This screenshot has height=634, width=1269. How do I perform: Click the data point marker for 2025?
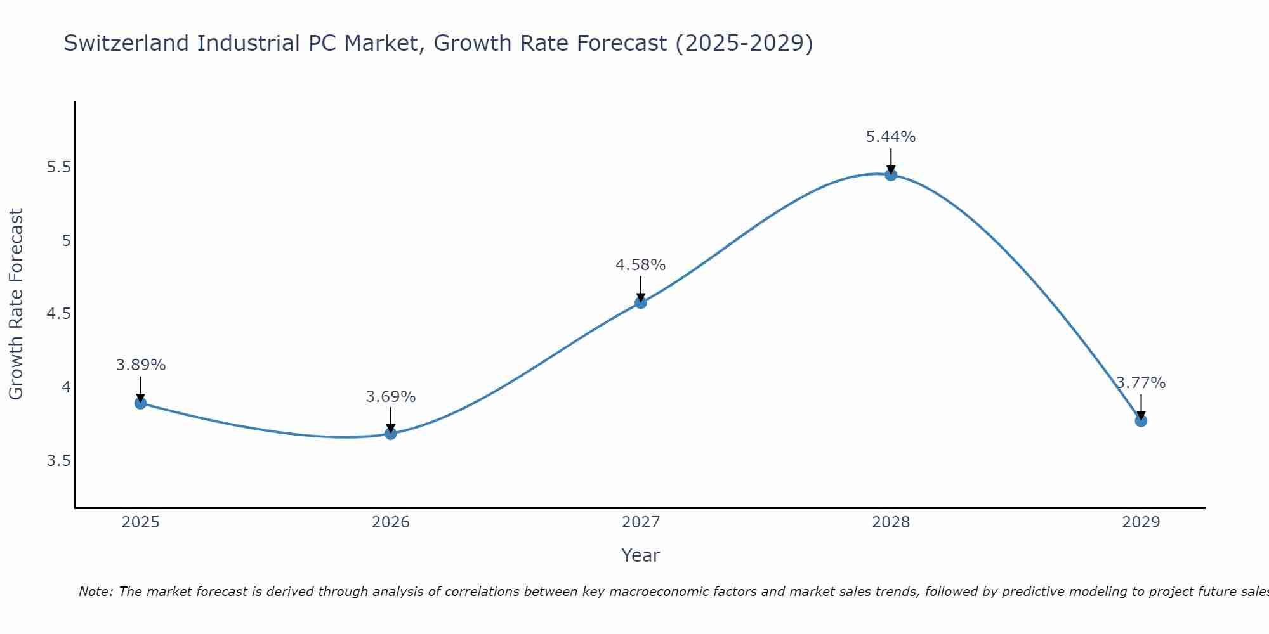(141, 403)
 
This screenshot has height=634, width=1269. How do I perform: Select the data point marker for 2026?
(391, 434)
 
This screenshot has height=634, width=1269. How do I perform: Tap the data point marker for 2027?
(641, 302)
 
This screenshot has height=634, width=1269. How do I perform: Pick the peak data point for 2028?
(891, 175)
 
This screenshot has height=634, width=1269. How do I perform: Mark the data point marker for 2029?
(1141, 420)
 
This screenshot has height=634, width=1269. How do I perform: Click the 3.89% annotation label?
(141, 365)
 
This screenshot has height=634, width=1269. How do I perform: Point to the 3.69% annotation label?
(391, 397)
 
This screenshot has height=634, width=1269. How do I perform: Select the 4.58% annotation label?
(641, 265)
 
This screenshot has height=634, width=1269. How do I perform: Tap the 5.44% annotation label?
(891, 137)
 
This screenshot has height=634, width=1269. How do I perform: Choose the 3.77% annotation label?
(1141, 383)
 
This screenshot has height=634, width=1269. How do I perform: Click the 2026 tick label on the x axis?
(391, 522)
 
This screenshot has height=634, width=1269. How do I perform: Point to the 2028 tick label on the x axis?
(891, 522)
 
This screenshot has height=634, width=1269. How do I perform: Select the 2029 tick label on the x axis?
(1141, 522)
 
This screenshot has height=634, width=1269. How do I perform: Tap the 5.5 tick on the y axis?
(58, 167)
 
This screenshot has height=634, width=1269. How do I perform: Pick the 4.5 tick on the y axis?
(58, 314)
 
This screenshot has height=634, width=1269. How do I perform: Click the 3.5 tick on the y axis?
(58, 460)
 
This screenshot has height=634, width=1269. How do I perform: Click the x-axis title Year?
(641, 555)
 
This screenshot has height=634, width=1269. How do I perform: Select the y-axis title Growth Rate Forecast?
(16, 304)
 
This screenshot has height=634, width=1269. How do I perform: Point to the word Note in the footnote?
(95, 592)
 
